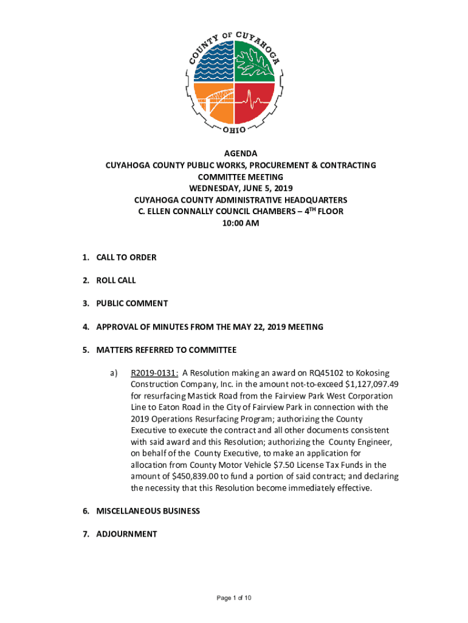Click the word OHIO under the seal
(234, 131)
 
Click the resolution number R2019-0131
(154, 373)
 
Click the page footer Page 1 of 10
(234, 598)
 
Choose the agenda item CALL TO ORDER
(126, 257)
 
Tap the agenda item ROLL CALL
(116, 280)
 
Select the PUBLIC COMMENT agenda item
(132, 304)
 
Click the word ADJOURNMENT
(126, 534)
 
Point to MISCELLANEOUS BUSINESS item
(148, 511)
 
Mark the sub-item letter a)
(114, 373)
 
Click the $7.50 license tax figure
(261, 465)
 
